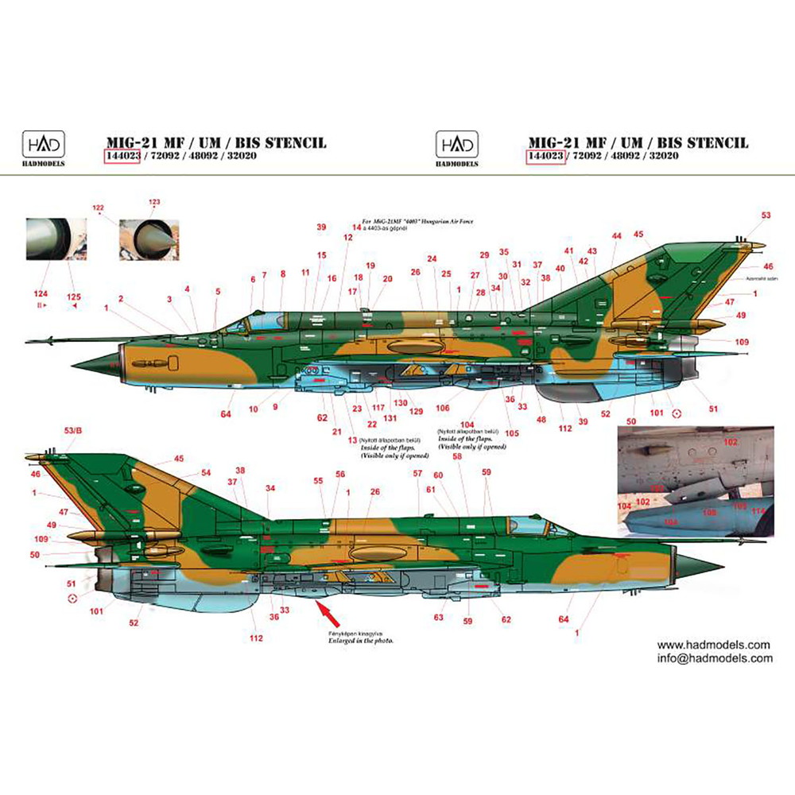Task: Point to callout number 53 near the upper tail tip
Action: pos(766,215)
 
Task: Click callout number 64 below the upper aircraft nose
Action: pos(226,414)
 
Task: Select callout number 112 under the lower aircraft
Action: pos(255,638)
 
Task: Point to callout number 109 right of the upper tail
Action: pos(742,342)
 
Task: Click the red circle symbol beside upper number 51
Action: pos(677,413)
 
